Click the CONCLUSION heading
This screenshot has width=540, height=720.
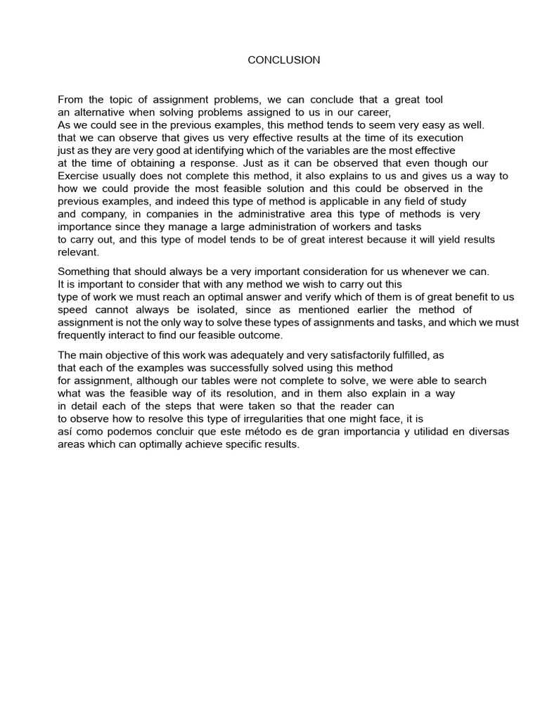pos(283,60)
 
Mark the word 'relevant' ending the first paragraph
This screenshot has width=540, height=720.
pos(78,252)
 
